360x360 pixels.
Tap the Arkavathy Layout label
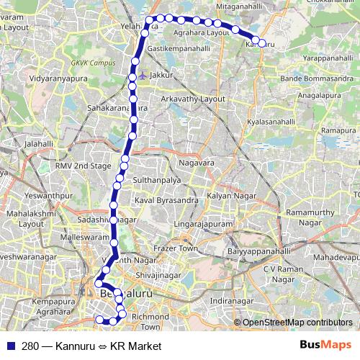pyautogui.click(x=194, y=99)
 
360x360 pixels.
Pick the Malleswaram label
pyautogui.click(x=83, y=237)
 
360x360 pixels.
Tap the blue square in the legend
pyautogui.click(x=10, y=346)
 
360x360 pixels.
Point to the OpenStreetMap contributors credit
pyautogui.click(x=297, y=323)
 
